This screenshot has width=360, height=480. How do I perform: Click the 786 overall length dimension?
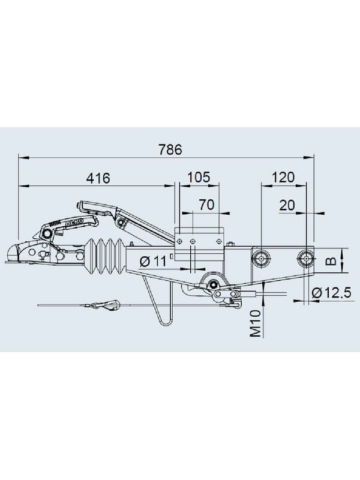tap(170, 149)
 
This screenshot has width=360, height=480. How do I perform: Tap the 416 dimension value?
tap(98, 178)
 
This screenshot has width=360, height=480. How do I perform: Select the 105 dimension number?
tap(199, 177)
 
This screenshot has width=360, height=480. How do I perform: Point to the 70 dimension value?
tap(206, 205)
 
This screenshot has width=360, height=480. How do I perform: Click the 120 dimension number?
tap(283, 177)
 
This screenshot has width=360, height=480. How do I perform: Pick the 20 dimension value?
tap(287, 205)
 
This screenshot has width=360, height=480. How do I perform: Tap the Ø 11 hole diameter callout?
tap(153, 261)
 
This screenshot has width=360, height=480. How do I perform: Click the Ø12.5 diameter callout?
tap(331, 293)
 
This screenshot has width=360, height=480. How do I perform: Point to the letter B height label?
tap(331, 261)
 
